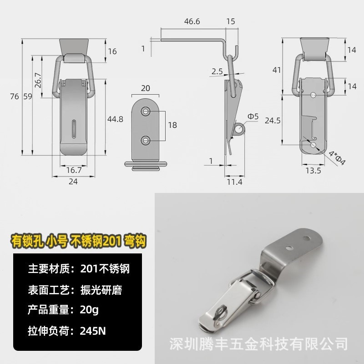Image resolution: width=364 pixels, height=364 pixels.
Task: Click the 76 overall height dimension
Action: click(x=15, y=96)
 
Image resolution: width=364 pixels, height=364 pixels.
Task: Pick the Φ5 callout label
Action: click(x=253, y=116)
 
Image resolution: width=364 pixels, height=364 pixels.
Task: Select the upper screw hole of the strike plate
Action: click(x=146, y=111)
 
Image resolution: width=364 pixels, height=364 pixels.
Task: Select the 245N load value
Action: click(x=92, y=331)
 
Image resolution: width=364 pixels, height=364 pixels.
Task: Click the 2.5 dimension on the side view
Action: click(x=217, y=71)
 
